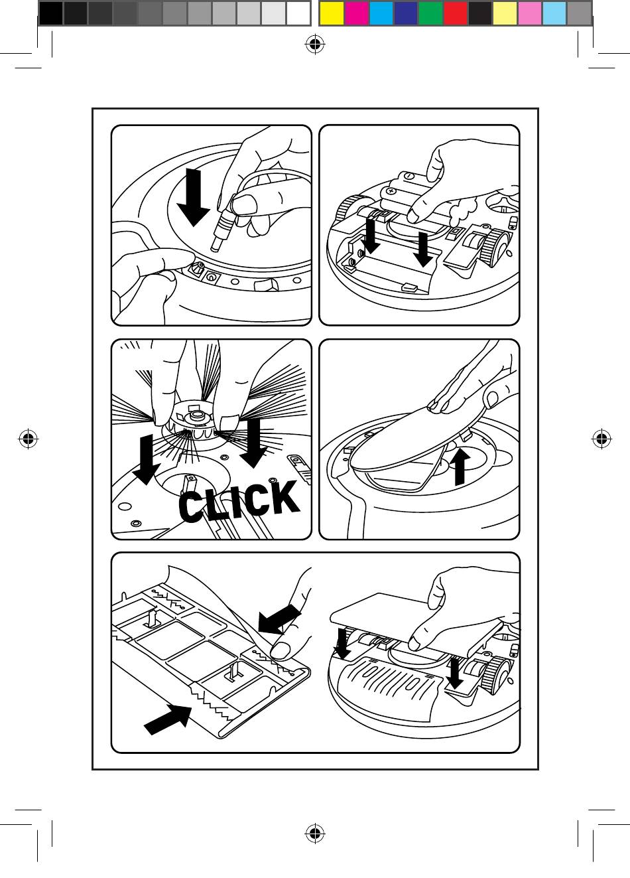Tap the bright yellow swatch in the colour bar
332,13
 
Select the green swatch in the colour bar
430,13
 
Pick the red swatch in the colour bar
456,13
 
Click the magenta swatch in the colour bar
357,13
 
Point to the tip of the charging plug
215,248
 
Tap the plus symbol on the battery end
391,191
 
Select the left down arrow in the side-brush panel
146,459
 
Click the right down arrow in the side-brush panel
253,443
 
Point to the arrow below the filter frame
168,719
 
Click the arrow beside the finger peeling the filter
280,619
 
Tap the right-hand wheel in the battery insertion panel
497,247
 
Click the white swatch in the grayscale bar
298,13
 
